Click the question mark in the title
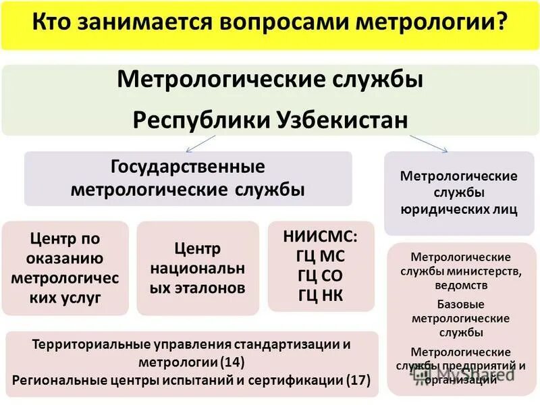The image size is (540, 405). pos(501,24)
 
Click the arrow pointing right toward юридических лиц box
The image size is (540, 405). pos(429,143)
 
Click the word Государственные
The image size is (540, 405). pos(188,166)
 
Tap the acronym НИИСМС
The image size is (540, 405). pos(321,236)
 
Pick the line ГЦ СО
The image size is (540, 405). pos(321,275)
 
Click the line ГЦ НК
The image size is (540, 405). pos(321,295)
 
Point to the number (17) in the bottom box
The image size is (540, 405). pos(358,379)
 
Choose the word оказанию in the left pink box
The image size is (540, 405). pos(65,259)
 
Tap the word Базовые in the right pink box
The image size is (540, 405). pos(459,304)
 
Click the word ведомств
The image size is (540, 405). pos(459,285)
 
